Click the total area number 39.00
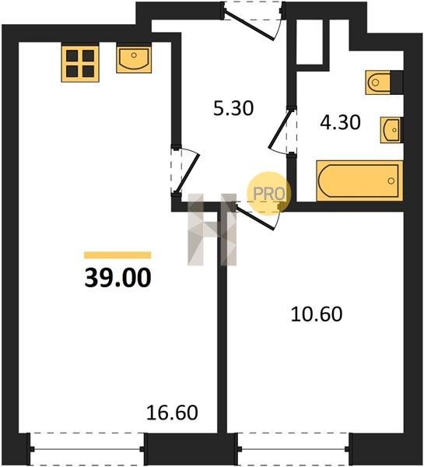click(x=118, y=278)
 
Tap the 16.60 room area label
click(x=172, y=413)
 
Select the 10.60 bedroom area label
click(x=317, y=314)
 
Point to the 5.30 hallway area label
click(x=233, y=108)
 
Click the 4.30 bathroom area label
click(x=340, y=122)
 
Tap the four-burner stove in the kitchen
click(x=80, y=63)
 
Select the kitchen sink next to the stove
click(x=134, y=59)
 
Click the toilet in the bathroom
click(x=377, y=83)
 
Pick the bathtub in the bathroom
click(x=359, y=181)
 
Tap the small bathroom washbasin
click(x=391, y=130)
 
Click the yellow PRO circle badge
click(x=269, y=193)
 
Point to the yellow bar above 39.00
click(x=117, y=255)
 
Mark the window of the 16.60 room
click(x=86, y=449)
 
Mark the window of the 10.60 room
click(x=293, y=449)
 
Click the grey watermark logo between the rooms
click(x=212, y=230)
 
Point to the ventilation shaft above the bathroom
click(x=310, y=42)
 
